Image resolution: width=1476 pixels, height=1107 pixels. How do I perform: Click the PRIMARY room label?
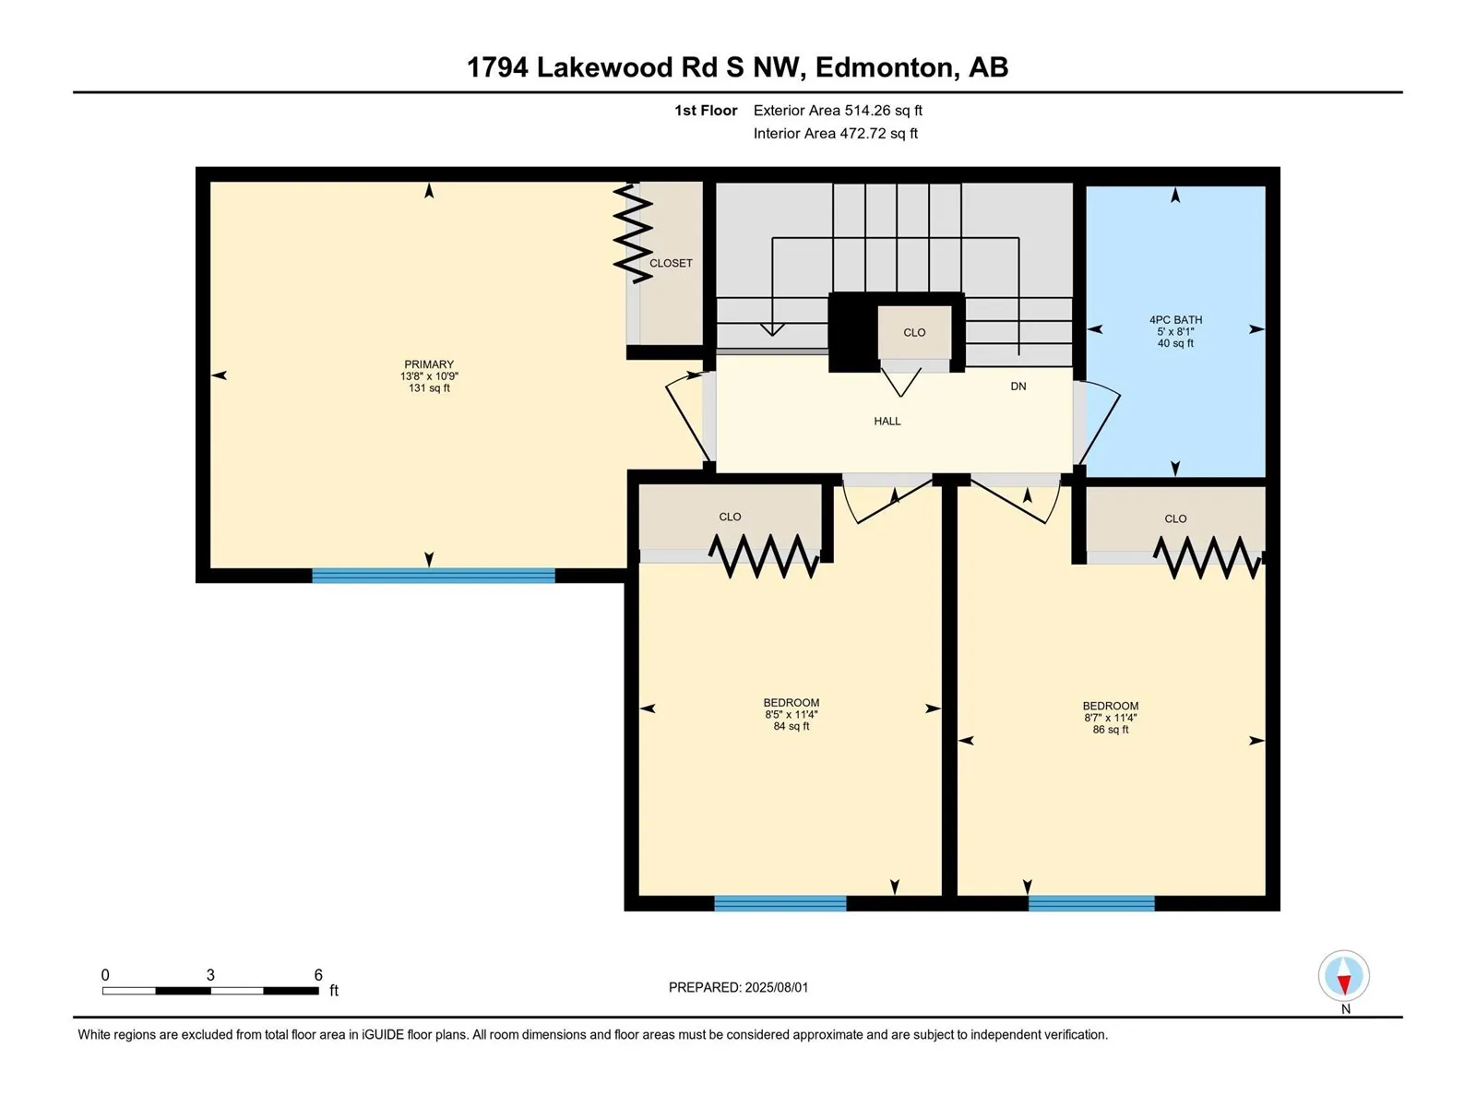tap(428, 364)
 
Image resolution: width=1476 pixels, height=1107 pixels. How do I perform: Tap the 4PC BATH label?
tap(1174, 320)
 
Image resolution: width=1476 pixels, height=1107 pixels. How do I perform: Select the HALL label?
tap(887, 422)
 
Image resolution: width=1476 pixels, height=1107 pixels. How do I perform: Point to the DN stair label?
tap(1018, 387)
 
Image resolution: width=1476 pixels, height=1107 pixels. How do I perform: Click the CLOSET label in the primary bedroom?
tap(671, 264)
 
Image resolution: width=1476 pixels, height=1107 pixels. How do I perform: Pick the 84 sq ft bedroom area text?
tap(791, 727)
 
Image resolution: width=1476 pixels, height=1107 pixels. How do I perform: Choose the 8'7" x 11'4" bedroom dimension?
tap(1110, 718)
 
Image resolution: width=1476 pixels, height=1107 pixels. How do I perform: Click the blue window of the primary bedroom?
tap(433, 576)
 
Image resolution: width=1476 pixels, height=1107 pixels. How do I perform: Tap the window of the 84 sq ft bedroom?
tap(780, 903)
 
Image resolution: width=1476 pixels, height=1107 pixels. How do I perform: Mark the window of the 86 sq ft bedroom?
tap(1091, 903)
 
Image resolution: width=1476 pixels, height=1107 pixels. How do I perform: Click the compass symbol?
tap(1343, 975)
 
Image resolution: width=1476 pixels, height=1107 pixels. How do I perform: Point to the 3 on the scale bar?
tap(210, 974)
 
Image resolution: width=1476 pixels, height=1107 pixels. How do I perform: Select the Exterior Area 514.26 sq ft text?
tap(838, 111)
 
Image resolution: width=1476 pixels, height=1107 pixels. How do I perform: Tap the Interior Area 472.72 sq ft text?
tap(835, 133)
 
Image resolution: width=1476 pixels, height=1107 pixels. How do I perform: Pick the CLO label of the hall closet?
tap(914, 333)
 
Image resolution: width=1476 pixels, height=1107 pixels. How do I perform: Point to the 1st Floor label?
tap(706, 111)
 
